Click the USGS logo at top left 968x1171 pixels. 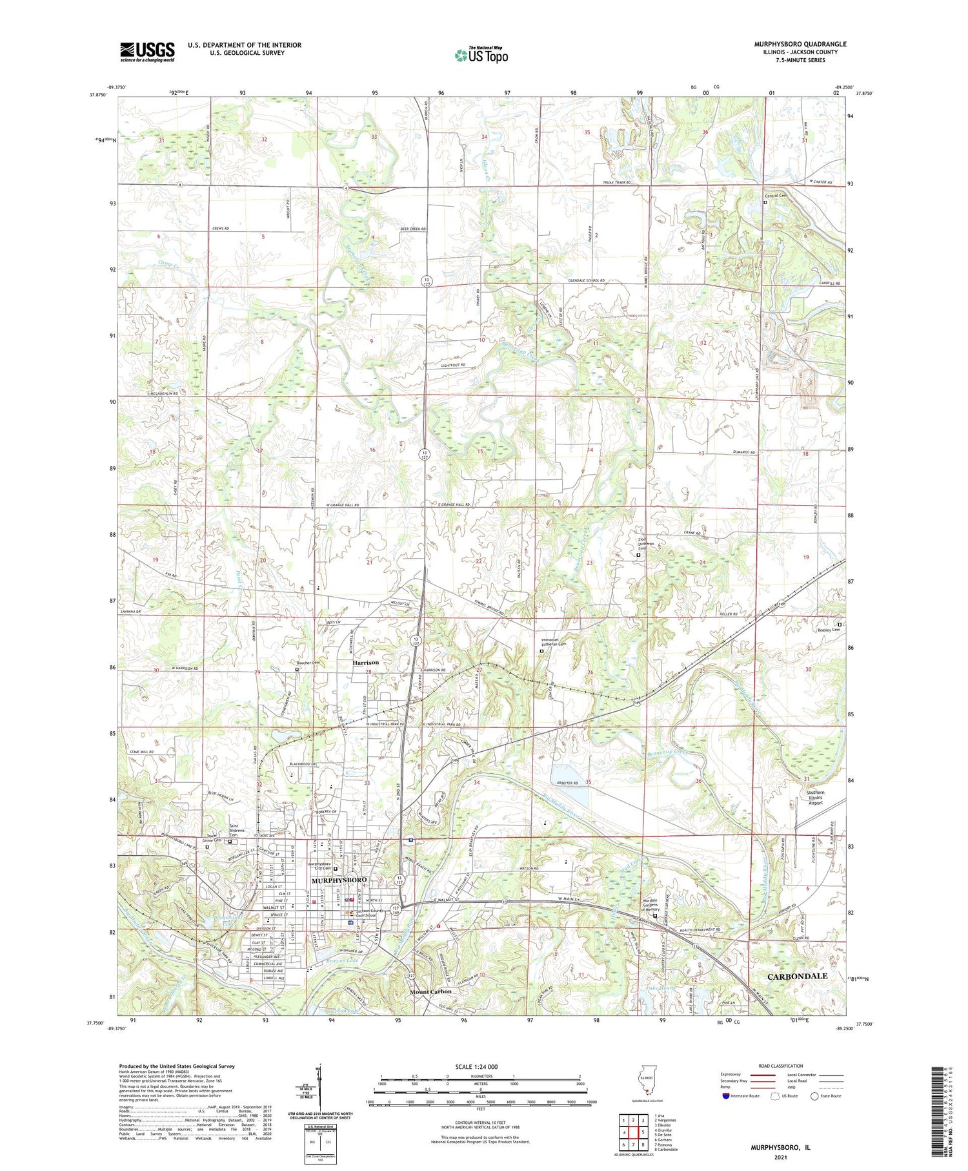(x=147, y=52)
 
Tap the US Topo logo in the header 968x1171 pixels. (x=481, y=56)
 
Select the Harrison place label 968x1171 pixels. (x=365, y=663)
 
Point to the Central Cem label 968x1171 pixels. (x=776, y=196)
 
